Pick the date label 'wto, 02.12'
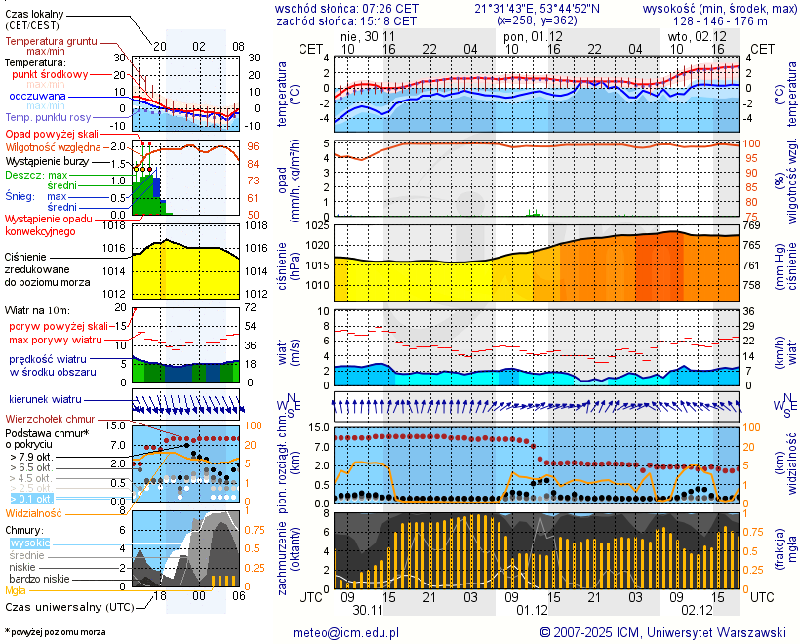coord(697,35)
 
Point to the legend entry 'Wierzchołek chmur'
coord(51,419)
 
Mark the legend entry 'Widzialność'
coord(34,512)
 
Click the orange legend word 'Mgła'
coord(16,590)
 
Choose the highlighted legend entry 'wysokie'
coord(29,543)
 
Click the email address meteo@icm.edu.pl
coord(346,632)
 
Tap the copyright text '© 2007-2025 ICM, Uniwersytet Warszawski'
coord(662,632)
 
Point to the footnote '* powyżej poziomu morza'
coord(56,632)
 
